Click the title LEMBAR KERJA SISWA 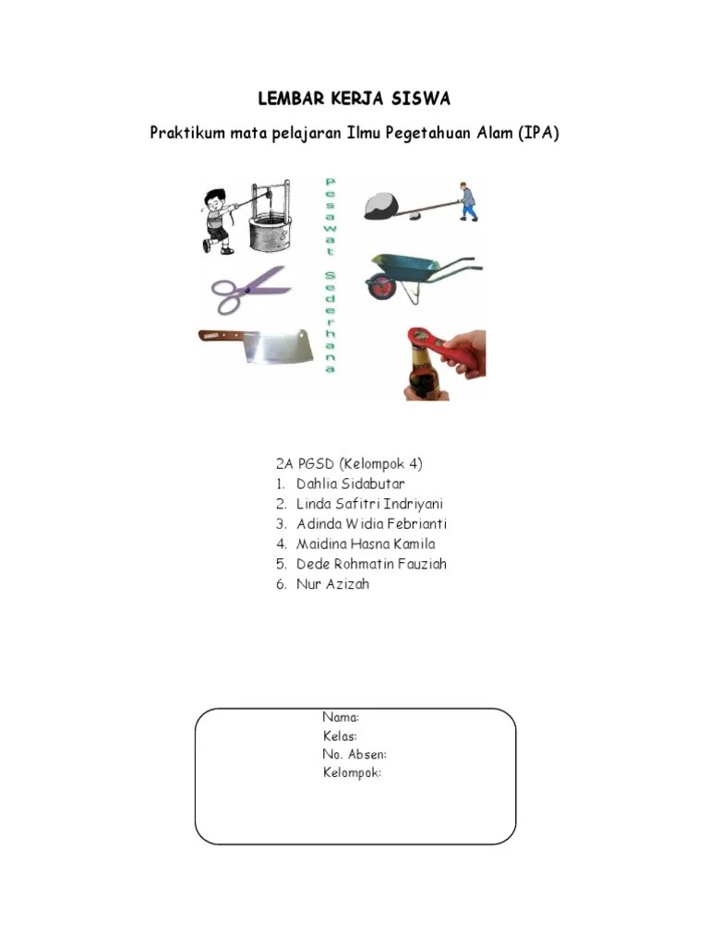pos(354,99)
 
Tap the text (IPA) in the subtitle pos(538,134)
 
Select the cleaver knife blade pos(277,347)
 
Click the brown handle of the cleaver pos(220,335)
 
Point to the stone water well pos(270,226)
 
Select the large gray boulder pos(381,205)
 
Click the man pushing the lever pos(468,202)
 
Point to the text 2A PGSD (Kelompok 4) pos(348,463)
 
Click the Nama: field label pos(341,717)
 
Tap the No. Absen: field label pos(354,754)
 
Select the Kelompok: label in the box pos(352,772)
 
